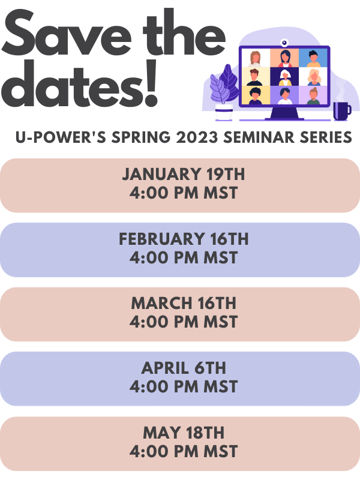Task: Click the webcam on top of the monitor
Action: [x=284, y=42]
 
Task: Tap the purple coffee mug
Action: [x=341, y=111]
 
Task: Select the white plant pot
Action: [x=224, y=112]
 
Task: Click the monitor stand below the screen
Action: [x=284, y=113]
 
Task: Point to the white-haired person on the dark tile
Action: [x=284, y=78]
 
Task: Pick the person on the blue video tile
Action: [x=313, y=59]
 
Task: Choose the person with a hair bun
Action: [x=313, y=96]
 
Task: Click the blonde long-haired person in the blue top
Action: [x=313, y=77]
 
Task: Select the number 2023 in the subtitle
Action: [x=197, y=137]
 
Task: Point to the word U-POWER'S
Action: [x=61, y=137]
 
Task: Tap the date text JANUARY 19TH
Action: [x=184, y=174]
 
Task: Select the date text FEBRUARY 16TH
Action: [x=184, y=239]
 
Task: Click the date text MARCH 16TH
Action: [x=184, y=304]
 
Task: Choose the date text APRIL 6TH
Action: [x=184, y=368]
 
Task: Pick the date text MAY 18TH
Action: [x=184, y=433]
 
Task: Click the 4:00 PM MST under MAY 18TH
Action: [x=184, y=452]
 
